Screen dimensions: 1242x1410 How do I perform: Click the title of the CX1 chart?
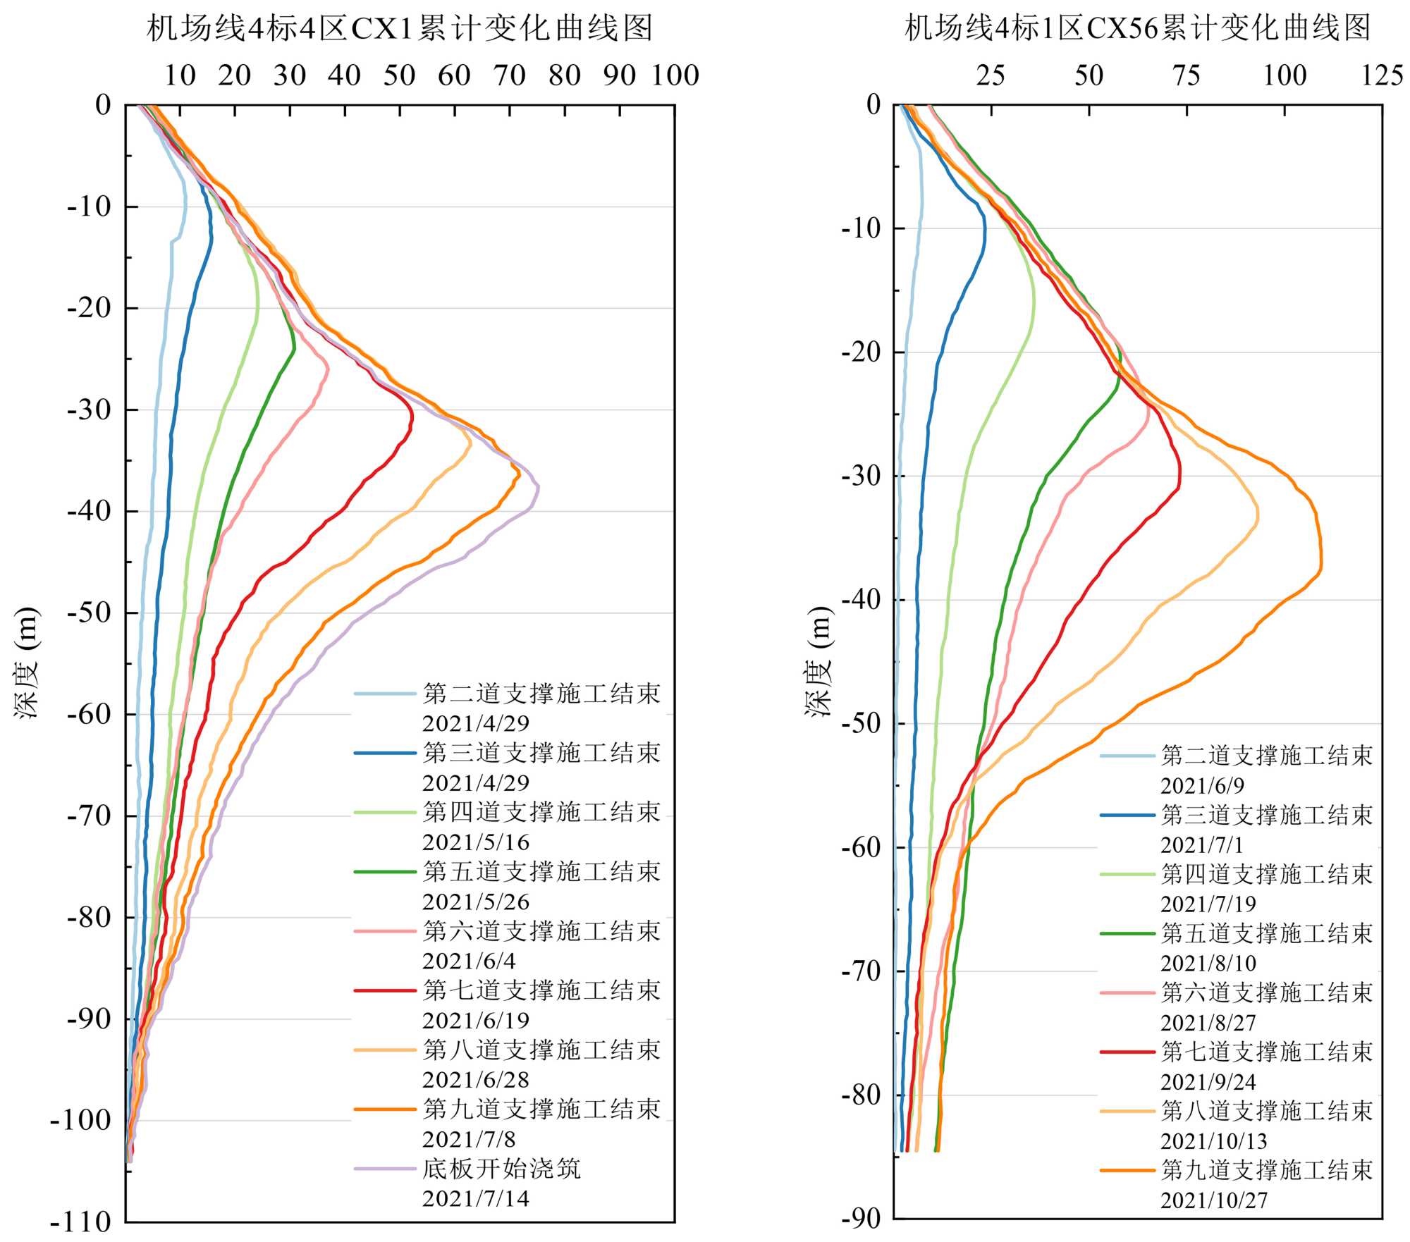point(400,29)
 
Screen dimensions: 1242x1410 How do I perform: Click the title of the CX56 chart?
point(1137,29)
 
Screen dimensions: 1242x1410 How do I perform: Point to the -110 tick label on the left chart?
point(81,1222)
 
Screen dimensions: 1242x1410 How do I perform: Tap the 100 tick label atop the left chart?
point(675,75)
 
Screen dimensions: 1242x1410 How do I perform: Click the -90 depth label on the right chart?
point(861,1218)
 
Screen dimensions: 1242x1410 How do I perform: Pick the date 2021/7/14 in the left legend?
point(476,1198)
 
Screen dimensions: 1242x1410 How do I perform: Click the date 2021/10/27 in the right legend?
point(1214,1200)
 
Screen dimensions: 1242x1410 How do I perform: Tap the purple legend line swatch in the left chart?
point(385,1169)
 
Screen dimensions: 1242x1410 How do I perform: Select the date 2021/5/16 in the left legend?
point(476,842)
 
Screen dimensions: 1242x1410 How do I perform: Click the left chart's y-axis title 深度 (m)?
point(27,662)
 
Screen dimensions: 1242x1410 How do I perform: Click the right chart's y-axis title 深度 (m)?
point(819,662)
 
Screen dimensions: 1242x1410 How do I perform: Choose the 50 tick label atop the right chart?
point(1089,75)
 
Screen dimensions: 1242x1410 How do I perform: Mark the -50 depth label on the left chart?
point(90,613)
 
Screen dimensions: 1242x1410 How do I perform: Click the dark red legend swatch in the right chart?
point(1127,1052)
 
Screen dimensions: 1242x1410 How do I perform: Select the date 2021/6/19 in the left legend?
point(476,1021)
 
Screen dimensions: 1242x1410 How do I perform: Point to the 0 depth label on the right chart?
point(873,105)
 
